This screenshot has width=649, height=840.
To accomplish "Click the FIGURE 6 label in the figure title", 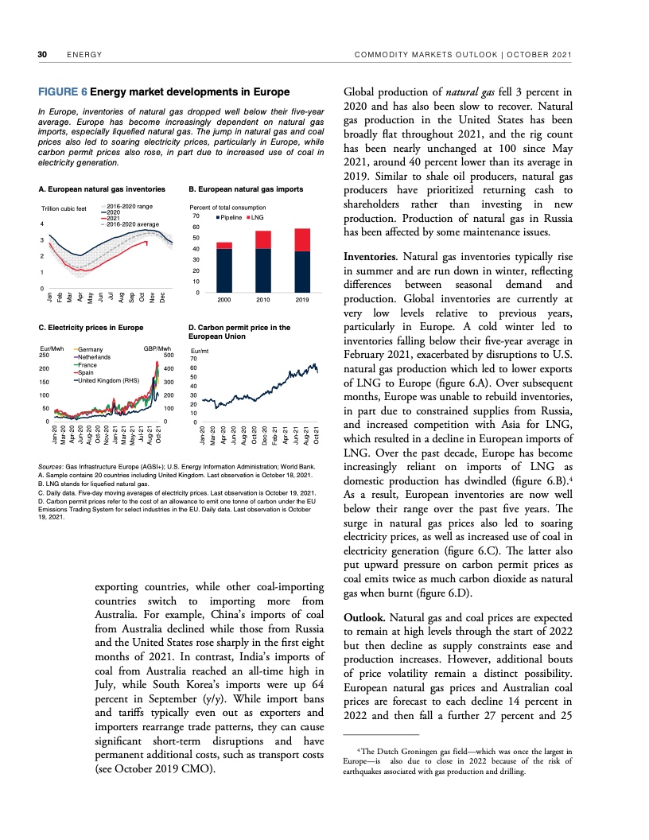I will (x=63, y=91).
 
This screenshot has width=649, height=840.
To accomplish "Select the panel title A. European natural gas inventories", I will (x=101, y=190).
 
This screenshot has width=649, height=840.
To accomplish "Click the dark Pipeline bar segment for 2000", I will (x=224, y=271).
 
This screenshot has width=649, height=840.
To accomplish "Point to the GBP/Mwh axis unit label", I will (x=157, y=349).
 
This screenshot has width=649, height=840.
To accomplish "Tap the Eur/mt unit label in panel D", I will (x=200, y=350).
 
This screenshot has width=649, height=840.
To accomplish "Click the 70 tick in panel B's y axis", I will (x=195, y=216).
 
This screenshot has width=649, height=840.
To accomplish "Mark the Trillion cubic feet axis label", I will (x=63, y=209).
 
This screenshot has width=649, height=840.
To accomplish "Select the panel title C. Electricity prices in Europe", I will (x=91, y=327).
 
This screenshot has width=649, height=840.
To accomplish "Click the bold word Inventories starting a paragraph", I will (x=371, y=257).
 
